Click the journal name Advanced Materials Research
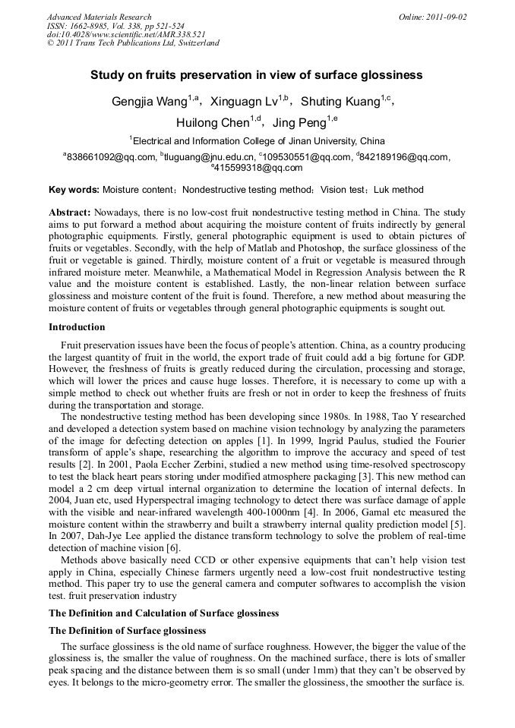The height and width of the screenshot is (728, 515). pos(100,17)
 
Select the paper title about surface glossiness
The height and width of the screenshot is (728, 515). pos(257,75)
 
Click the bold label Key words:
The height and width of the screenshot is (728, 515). pos(74,190)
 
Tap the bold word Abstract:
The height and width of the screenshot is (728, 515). pos(70,213)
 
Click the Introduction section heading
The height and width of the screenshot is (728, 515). pos(77,327)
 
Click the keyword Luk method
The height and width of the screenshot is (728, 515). pos(397,190)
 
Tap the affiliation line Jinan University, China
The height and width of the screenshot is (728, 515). pos(257,141)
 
